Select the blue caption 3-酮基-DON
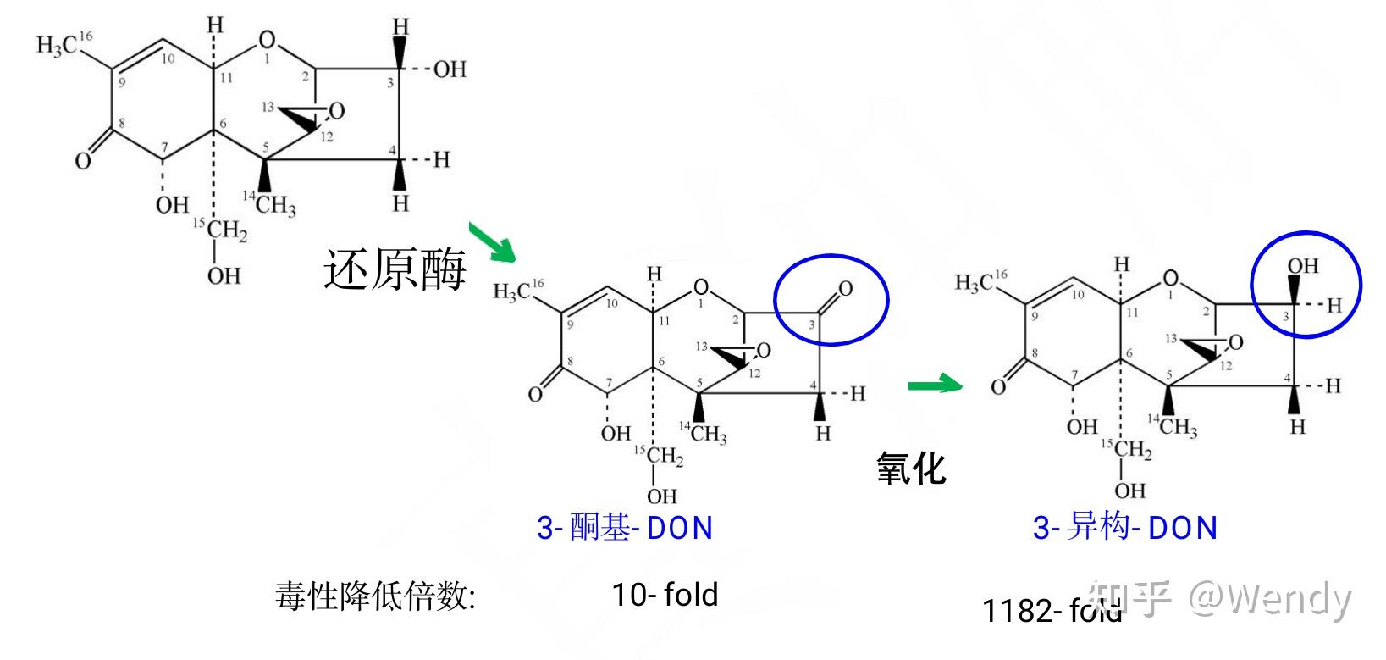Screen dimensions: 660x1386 pos(625,528)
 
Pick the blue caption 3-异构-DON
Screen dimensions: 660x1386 pos(1124,528)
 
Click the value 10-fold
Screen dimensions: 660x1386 pos(665,595)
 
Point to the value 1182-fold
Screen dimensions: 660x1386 pos(1052,610)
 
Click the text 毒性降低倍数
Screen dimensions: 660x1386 pos(375,596)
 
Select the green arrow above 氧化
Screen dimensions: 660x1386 pos(935,385)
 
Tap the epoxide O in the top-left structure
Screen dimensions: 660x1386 pos(337,111)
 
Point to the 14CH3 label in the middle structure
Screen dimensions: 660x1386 pos(704,434)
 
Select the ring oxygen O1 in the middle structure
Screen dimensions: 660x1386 pos(700,286)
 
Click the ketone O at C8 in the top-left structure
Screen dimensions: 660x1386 pos(82,160)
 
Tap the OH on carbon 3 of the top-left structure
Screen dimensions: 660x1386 pos(450,69)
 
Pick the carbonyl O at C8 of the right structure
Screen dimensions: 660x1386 pos(998,386)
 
